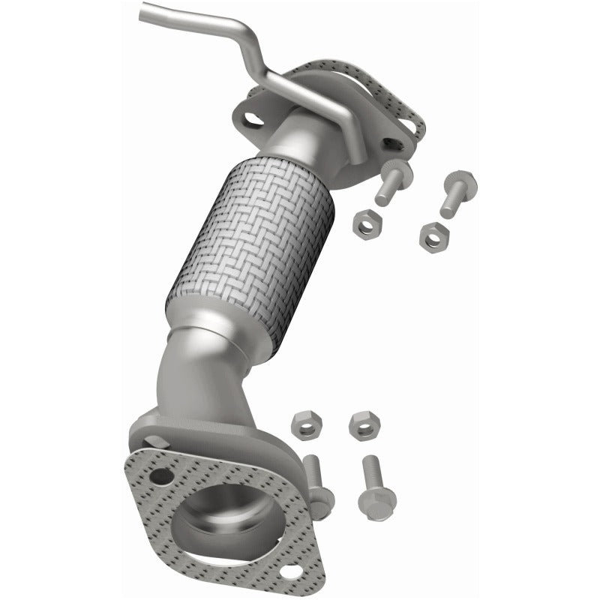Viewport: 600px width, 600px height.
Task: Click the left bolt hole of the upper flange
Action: click(x=253, y=119)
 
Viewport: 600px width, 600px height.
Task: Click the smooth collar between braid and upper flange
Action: click(x=300, y=139)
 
